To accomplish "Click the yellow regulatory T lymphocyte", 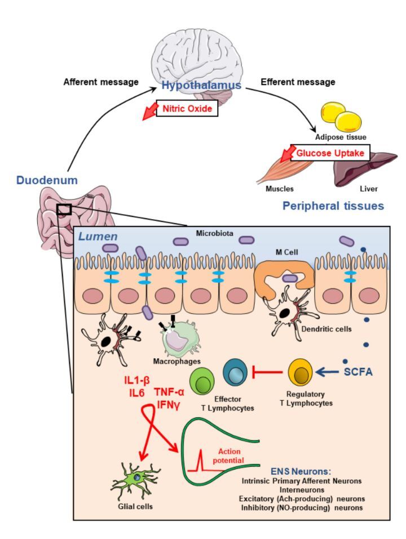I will pyautogui.click(x=299, y=372).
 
